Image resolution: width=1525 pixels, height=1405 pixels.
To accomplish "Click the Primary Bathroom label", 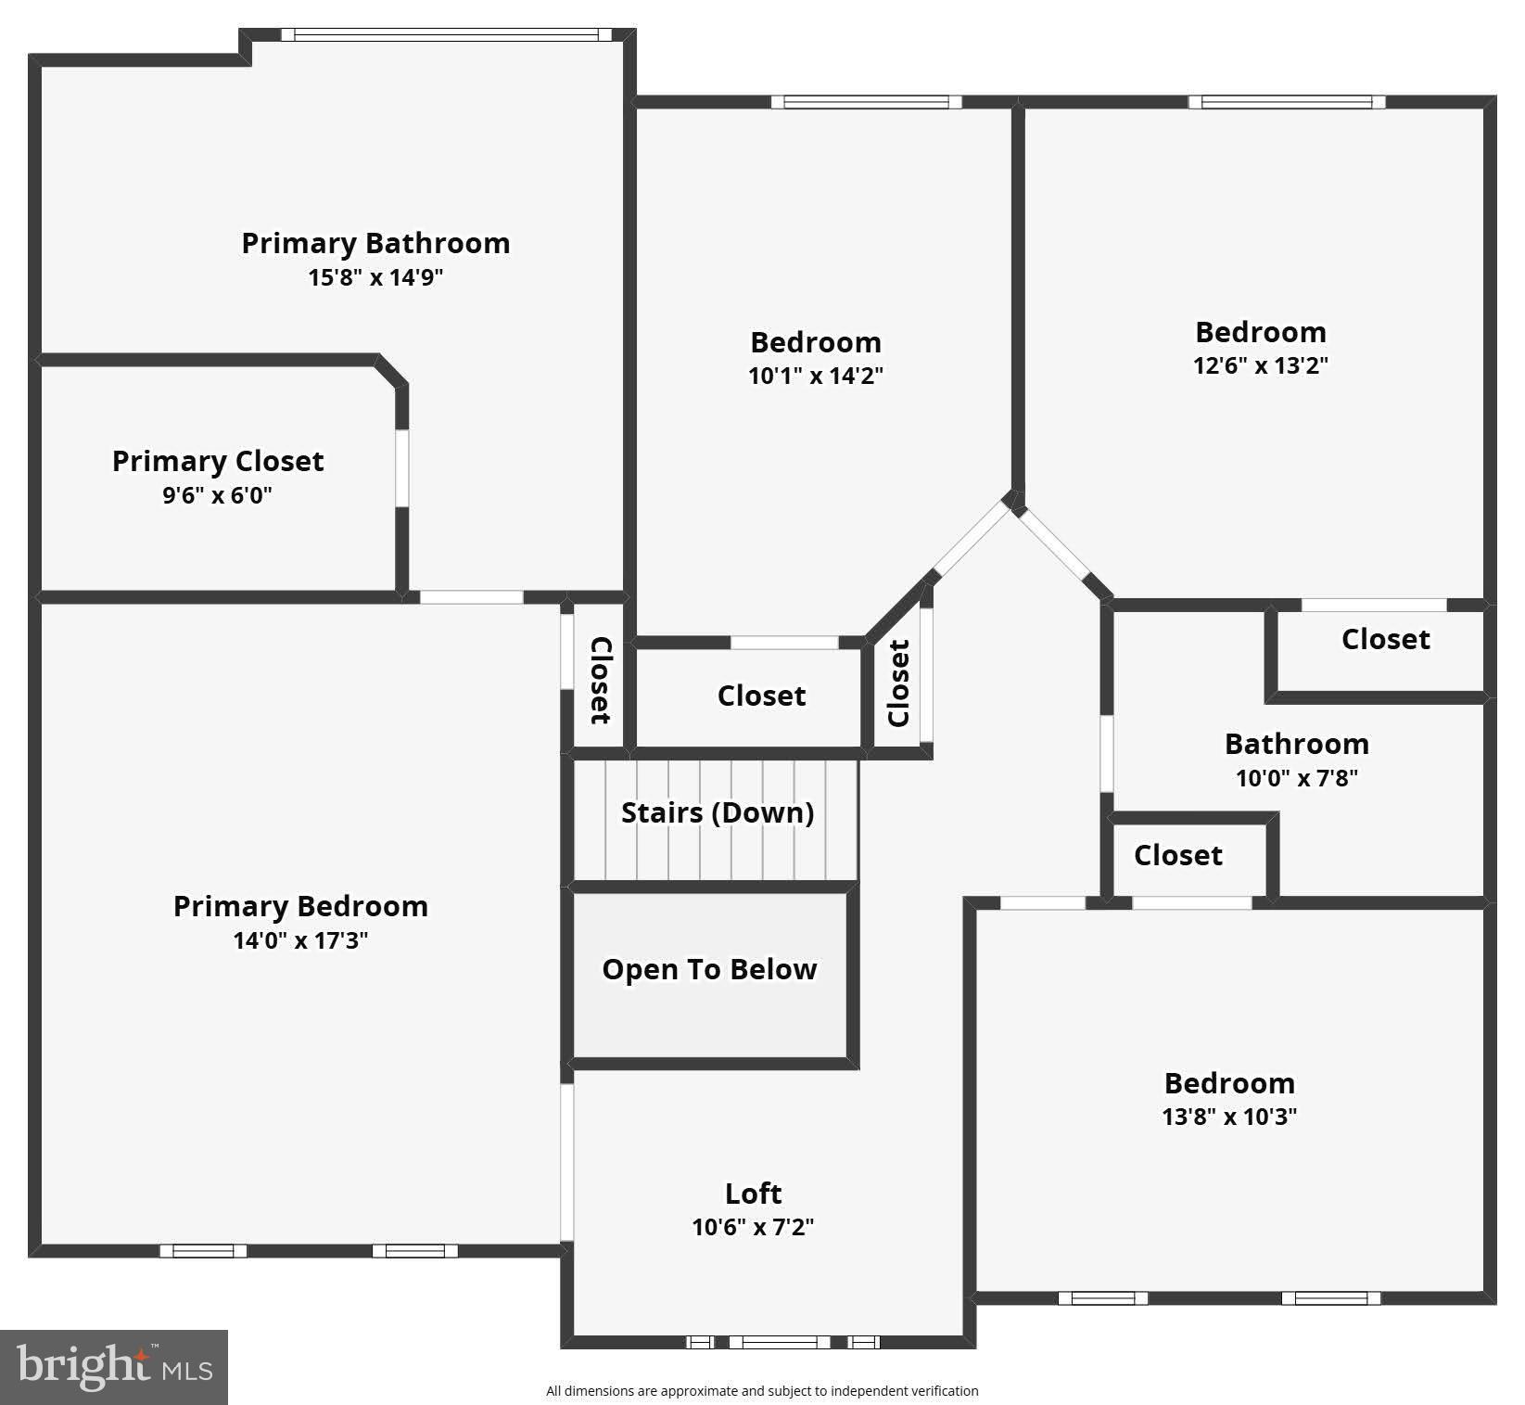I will [x=375, y=243].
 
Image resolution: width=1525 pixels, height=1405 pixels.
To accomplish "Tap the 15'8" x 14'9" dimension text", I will [x=375, y=277].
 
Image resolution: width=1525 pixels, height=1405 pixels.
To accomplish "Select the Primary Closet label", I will [x=218, y=461].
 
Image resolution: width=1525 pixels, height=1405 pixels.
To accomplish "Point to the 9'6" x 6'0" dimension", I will [x=218, y=495].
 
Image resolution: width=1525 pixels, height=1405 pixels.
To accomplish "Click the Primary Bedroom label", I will [x=300, y=906].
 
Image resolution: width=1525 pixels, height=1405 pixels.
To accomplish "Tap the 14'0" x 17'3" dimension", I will [x=300, y=940].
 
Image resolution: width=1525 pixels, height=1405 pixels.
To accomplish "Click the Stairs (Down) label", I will [x=718, y=812].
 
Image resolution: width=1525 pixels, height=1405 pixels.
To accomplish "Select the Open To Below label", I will [x=709, y=969].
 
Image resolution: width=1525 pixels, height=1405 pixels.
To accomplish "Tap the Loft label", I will [x=753, y=1193].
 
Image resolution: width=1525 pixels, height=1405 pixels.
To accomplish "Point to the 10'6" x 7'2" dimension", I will [x=753, y=1227].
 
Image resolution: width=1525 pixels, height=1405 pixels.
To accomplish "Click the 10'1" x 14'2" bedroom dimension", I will [x=816, y=376].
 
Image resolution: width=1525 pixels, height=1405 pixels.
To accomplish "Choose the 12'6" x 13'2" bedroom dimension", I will [x=1261, y=365].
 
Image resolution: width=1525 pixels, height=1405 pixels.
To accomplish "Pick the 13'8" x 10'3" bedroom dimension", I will [x=1229, y=1117].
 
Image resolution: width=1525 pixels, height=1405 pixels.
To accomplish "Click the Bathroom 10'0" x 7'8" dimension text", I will [x=1296, y=778].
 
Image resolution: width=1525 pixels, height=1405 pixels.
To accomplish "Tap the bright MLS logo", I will [x=114, y=1367].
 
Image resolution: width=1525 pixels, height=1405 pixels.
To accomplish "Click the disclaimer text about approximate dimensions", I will [x=762, y=1390].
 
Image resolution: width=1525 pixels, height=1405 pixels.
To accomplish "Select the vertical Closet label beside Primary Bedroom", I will [x=601, y=680].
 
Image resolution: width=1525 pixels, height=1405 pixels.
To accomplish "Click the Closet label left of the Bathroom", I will [x=1177, y=855].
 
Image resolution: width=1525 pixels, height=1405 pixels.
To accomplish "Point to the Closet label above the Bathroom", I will [x=1385, y=639].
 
